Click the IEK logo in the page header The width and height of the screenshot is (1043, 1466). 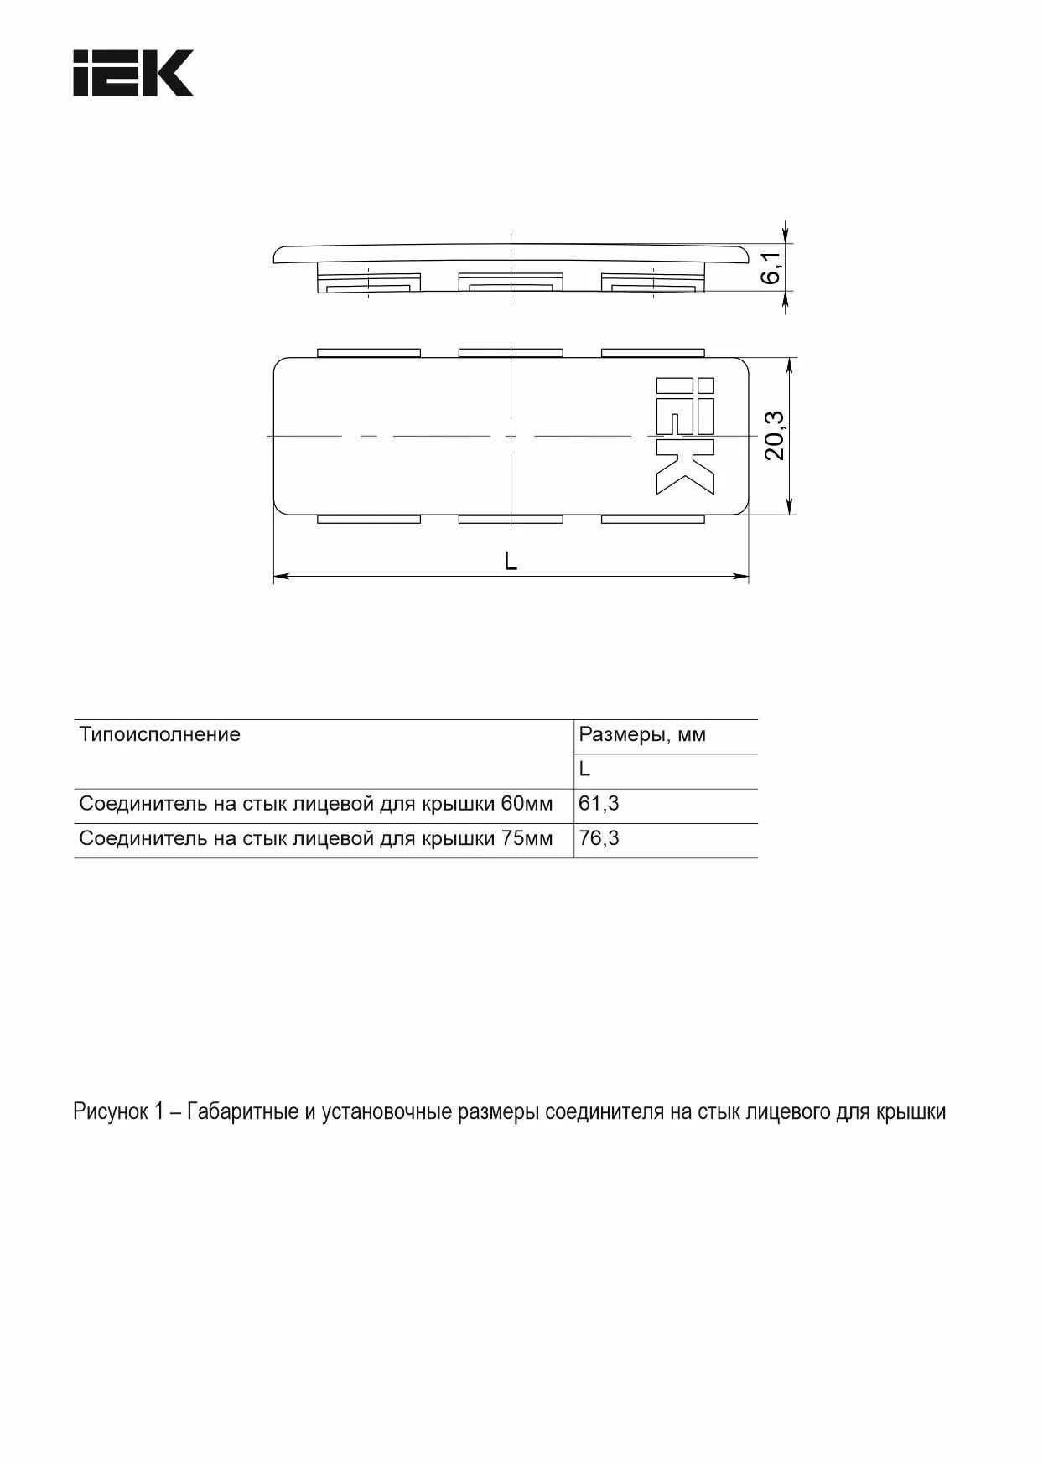coord(133,73)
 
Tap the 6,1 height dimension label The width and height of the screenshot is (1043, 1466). coord(772,267)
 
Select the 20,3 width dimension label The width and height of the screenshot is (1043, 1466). coord(775,435)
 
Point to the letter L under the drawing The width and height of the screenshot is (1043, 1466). coord(511,561)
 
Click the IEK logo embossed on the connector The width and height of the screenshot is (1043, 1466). coord(685,435)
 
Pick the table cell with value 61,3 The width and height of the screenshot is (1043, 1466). coord(599,804)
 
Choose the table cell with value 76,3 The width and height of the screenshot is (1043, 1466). coord(599,838)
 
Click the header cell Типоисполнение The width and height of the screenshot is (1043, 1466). coord(160,735)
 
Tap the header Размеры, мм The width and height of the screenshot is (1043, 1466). coord(642,735)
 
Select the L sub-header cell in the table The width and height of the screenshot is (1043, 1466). coord(585,769)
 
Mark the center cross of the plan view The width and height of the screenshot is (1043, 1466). coord(511,436)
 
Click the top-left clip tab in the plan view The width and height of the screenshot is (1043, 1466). coord(369,353)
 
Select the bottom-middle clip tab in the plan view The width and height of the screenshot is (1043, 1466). coord(511,519)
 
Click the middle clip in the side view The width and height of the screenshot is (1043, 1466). coord(510,282)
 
